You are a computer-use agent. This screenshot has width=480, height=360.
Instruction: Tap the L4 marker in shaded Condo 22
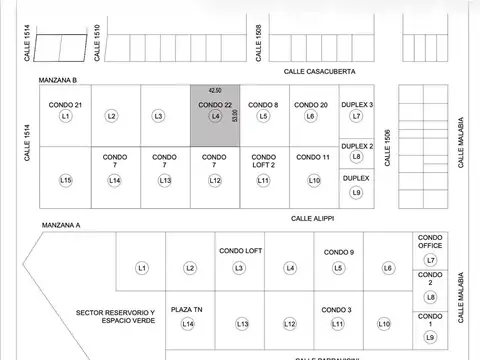tap(215, 116)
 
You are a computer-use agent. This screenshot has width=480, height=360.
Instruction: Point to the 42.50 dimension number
tap(215, 90)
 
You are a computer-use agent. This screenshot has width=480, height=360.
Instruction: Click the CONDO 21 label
tap(65, 105)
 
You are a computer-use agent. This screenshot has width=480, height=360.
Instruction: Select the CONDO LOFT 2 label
tap(263, 161)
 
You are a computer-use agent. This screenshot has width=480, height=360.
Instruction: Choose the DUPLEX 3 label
tap(357, 105)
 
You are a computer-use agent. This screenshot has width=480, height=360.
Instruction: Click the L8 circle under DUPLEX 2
tap(357, 156)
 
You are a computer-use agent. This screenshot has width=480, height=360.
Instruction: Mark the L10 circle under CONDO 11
tap(313, 180)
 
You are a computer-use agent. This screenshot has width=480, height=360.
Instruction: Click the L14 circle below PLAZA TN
tap(187, 323)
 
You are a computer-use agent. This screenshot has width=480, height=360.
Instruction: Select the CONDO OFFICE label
tap(431, 244)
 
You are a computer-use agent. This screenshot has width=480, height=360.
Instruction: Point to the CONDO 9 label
tap(339, 252)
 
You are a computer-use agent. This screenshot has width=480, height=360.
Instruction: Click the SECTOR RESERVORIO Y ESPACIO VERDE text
tap(115, 316)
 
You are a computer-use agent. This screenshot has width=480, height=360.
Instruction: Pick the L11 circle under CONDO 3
tap(338, 324)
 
